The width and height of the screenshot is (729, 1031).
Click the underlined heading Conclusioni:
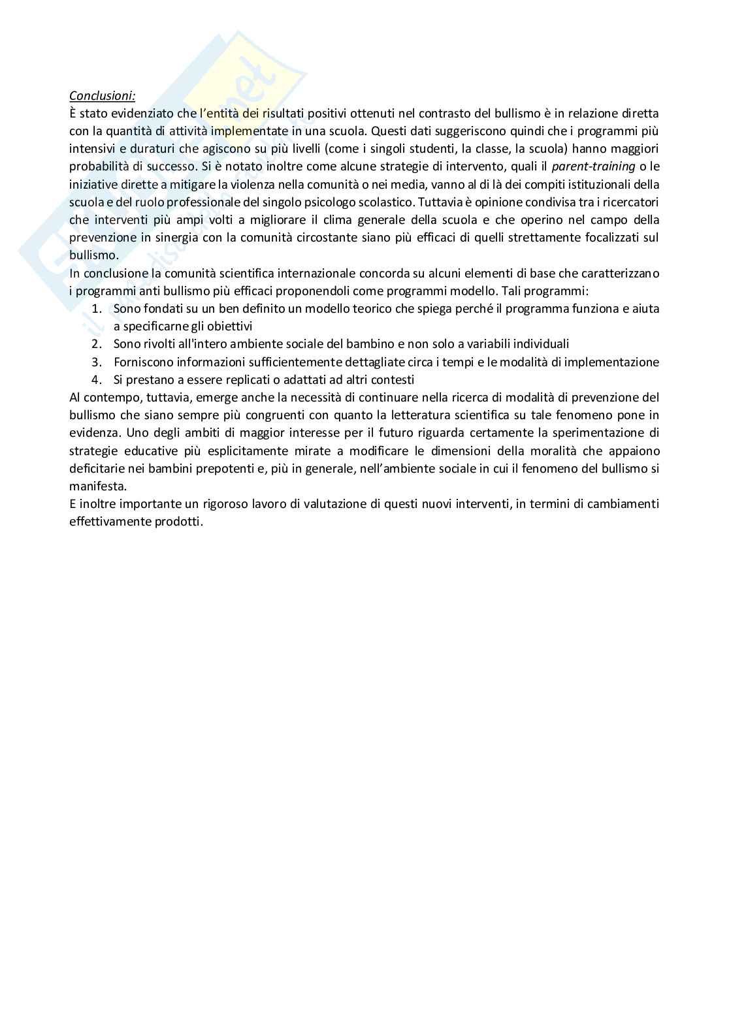pyautogui.click(x=102, y=96)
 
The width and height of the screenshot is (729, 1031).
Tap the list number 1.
pyautogui.click(x=97, y=308)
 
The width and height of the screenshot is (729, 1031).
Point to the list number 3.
pyautogui.click(x=97, y=362)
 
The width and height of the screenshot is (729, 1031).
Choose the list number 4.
pyautogui.click(x=97, y=379)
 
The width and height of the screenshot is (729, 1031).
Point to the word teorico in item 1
pyautogui.click(x=372, y=308)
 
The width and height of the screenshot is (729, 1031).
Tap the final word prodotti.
pyautogui.click(x=180, y=522)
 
